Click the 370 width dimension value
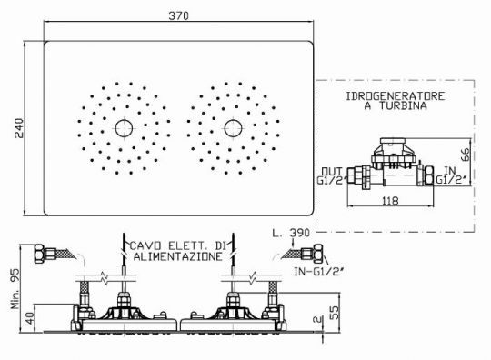pos(179,15)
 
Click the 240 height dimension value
pos(19,128)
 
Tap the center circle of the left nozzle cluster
pos(124,128)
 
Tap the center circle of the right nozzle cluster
pos(234,128)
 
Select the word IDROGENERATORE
pos(396,96)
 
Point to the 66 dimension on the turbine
pos(466,155)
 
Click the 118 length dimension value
pos(390,201)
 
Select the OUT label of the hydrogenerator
pos(332,172)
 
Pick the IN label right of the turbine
pos(450,171)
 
